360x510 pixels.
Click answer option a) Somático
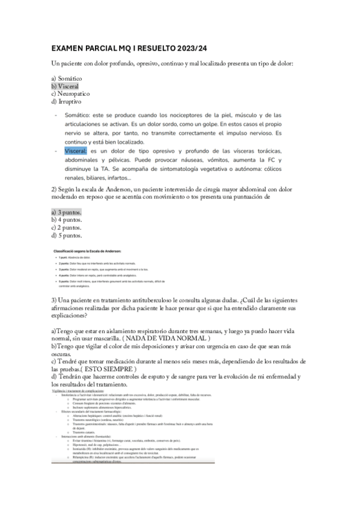pyautogui.click(x=67, y=79)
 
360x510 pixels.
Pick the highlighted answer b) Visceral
pyautogui.click(x=65, y=86)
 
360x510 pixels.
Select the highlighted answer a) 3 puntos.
pyautogui.click(x=67, y=212)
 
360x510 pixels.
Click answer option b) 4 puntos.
pyautogui.click(x=67, y=220)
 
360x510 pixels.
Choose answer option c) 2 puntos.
pyautogui.click(x=67, y=228)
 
